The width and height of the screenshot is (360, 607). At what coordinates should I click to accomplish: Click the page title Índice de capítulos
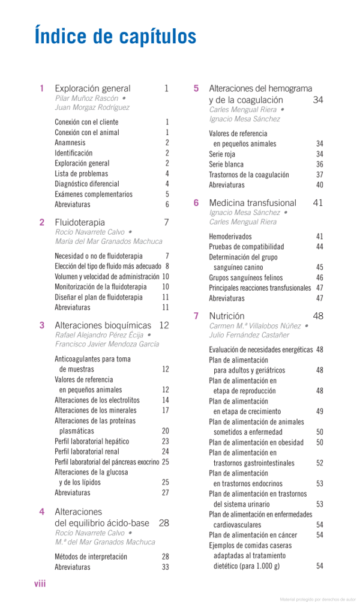pos(115,36)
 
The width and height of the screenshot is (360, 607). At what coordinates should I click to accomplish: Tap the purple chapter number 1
pos(42,89)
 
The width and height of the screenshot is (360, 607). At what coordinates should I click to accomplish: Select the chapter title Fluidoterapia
pos(80,222)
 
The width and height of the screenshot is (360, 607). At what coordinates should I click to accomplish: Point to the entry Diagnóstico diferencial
pos(87,184)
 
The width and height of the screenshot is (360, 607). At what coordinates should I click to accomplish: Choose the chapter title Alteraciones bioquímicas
pos(103,325)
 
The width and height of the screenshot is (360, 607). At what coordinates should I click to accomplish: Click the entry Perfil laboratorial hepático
pos(92,441)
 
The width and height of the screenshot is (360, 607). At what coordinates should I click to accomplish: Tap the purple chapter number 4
pos(42,512)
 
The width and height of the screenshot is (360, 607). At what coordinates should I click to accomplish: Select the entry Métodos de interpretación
pos(91,557)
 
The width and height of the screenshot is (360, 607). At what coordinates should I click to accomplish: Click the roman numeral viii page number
pos(40,584)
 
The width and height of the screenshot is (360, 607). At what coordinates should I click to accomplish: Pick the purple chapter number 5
pos(196,89)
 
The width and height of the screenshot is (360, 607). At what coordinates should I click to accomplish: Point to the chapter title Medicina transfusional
pos(253,203)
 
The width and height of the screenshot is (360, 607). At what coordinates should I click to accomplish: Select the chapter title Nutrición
pos(227,316)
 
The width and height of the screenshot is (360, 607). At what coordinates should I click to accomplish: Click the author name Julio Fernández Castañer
pos(249,335)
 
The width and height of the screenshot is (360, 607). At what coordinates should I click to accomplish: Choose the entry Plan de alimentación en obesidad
pos(256,442)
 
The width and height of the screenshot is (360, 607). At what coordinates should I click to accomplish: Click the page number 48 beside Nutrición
pos(318,316)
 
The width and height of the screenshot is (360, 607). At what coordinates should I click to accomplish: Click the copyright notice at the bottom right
pos(317,599)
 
